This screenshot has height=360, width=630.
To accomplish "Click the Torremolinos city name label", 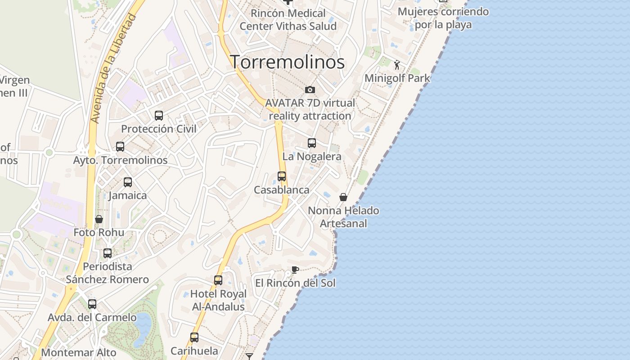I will [x=288, y=62].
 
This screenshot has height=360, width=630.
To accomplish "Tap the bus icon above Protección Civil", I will [x=159, y=116].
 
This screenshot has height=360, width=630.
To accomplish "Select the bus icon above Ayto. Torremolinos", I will [x=120, y=147].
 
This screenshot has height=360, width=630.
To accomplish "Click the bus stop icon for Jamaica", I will [x=128, y=182].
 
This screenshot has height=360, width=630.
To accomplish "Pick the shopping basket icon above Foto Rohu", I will [x=99, y=219].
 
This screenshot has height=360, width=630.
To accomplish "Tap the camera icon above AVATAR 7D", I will [x=310, y=90].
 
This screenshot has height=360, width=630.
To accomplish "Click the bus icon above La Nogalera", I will [x=312, y=143].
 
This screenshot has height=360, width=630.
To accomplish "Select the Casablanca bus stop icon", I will [x=282, y=176].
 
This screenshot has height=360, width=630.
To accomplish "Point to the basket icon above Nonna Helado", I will [x=343, y=197].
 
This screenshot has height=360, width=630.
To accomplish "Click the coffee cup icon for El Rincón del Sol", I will [x=295, y=270].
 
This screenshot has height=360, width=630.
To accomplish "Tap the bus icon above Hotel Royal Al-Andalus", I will [x=218, y=280].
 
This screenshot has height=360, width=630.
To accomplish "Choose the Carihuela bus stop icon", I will [x=194, y=337].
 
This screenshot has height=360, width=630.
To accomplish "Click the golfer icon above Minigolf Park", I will [x=397, y=65].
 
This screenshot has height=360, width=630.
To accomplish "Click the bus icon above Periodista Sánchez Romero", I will [x=108, y=253].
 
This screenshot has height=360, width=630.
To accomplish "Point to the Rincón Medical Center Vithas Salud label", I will [x=288, y=20].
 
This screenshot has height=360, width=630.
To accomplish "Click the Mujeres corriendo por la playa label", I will [x=443, y=18].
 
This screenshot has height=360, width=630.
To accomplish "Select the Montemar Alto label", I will [x=79, y=352].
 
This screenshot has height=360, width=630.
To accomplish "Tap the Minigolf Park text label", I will [x=397, y=78].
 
